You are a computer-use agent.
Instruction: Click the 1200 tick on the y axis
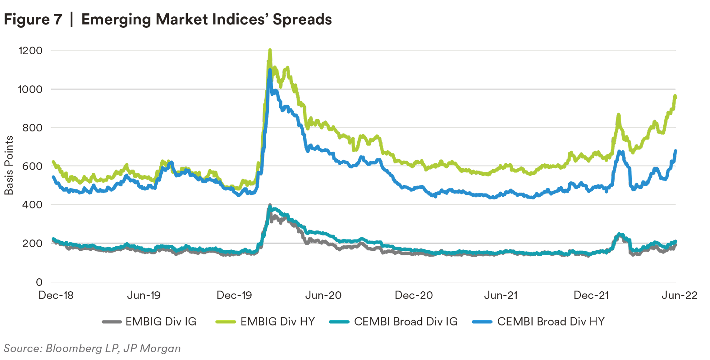[30, 51]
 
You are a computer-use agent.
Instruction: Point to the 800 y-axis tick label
[32, 128]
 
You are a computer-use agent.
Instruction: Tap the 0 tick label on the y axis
[39, 282]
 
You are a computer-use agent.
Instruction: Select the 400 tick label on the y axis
[32, 205]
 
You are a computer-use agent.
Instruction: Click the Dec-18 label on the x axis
[56, 295]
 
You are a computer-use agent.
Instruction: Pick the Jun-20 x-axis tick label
[323, 295]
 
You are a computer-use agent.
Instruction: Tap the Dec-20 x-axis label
[414, 295]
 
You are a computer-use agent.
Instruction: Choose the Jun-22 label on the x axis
[680, 295]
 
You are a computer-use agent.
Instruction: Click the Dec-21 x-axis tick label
[591, 295]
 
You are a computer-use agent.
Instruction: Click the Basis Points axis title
[9, 166]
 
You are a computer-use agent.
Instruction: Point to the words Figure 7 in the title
[33, 19]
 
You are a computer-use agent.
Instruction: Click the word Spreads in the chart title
[302, 19]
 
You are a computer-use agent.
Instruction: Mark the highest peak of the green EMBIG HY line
[270, 50]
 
